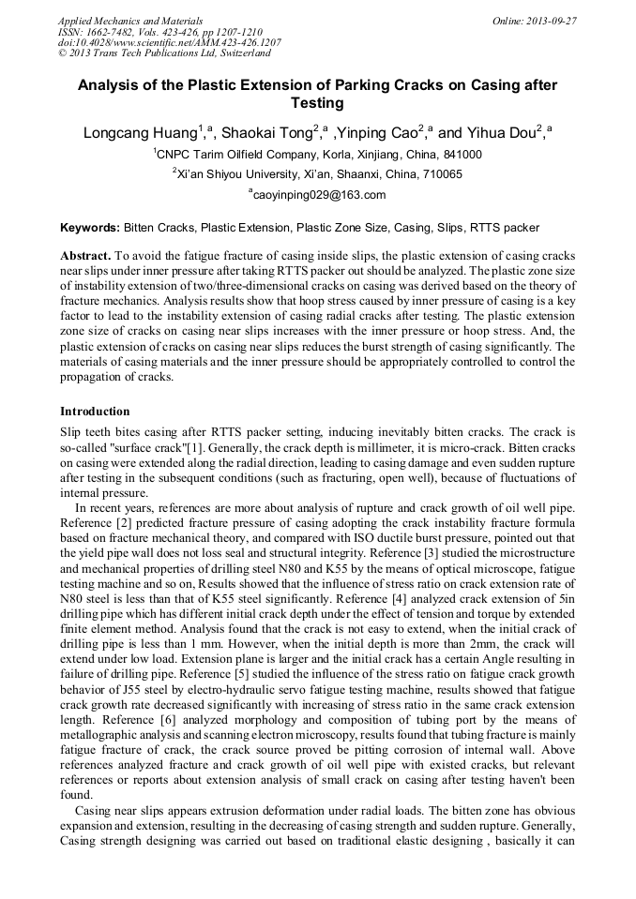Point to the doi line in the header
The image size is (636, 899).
pyautogui.click(x=169, y=42)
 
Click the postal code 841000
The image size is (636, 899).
pyautogui.click(x=463, y=155)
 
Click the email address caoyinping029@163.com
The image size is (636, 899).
pyautogui.click(x=320, y=195)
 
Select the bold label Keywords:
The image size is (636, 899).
pyautogui.click(x=90, y=228)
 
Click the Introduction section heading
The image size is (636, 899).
pyautogui.click(x=95, y=412)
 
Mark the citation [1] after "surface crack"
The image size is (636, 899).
pyautogui.click(x=196, y=449)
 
